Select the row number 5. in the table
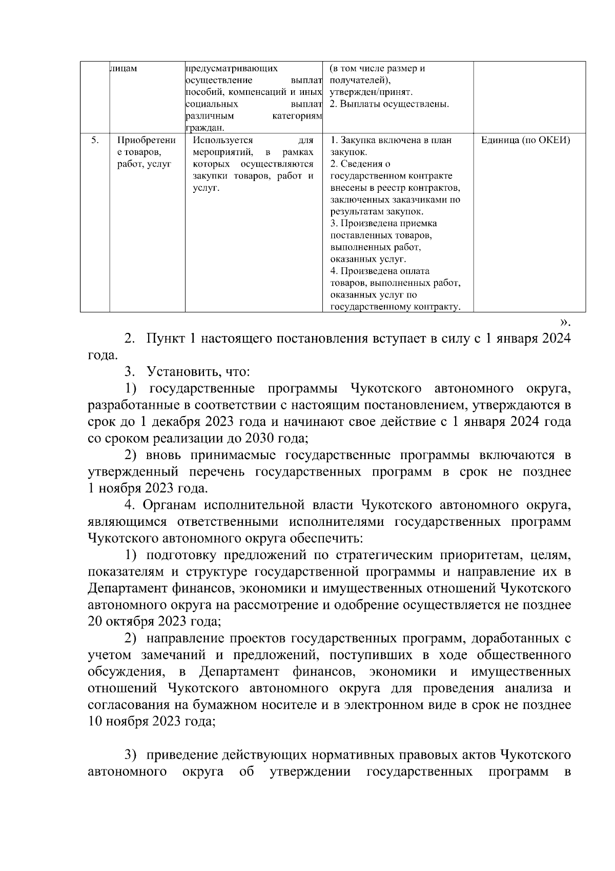94,140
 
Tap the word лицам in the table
124,69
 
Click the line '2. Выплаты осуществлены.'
389,104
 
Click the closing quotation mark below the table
564,323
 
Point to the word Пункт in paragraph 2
167,339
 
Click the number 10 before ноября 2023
95,721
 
